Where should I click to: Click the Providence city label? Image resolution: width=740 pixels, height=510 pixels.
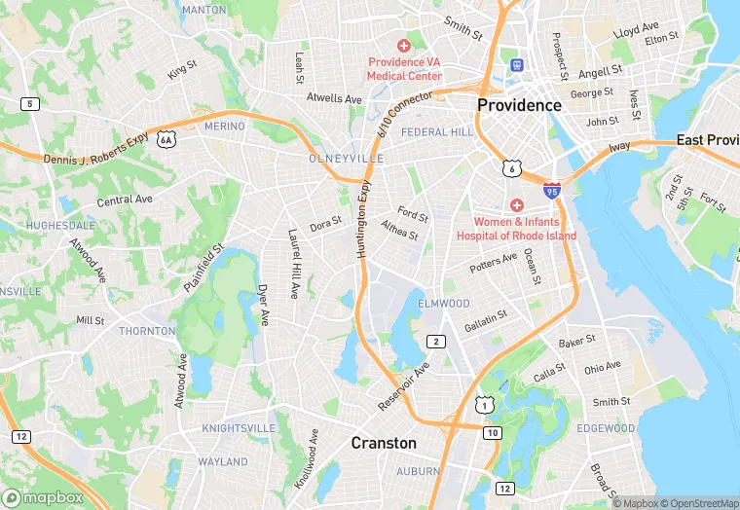tap(519, 105)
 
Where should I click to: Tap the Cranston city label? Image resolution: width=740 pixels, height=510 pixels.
tap(384, 443)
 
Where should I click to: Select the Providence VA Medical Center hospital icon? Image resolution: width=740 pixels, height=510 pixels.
tap(403, 46)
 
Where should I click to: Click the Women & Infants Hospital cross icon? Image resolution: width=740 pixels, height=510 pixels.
tap(516, 205)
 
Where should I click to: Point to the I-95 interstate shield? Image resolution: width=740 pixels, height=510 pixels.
tap(552, 193)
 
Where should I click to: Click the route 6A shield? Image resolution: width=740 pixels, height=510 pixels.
tap(167, 140)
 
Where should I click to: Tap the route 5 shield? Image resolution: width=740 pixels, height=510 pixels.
tap(31, 104)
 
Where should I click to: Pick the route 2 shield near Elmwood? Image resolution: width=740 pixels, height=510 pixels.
tap(437, 341)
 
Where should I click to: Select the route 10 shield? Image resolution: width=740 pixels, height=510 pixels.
tap(494, 431)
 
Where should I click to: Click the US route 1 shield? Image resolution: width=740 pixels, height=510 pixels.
tap(483, 403)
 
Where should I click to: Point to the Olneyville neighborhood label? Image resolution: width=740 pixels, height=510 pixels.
tap(342, 158)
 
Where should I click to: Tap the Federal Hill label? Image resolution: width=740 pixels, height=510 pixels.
tap(437, 131)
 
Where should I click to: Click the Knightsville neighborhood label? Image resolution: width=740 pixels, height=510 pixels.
tap(239, 428)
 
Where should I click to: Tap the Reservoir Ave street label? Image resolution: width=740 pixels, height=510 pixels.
tap(403, 386)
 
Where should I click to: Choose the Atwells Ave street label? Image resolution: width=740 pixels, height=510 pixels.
tap(334, 98)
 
